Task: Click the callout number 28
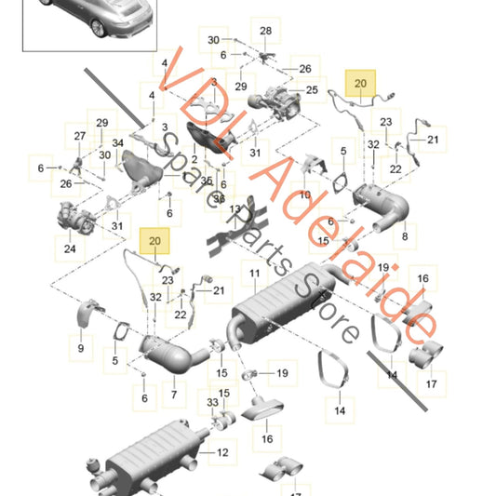(265, 31)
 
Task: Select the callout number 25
(312, 90)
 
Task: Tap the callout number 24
(70, 248)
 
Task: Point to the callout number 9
(80, 348)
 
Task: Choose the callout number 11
(253, 274)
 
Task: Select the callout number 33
(212, 402)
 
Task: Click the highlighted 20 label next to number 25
(360, 83)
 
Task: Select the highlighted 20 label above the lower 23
(154, 240)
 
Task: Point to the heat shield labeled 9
(86, 312)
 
